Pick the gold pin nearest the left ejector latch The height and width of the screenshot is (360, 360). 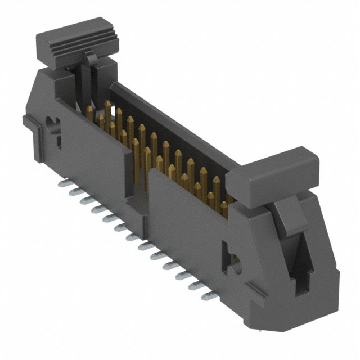coord(90,110)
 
